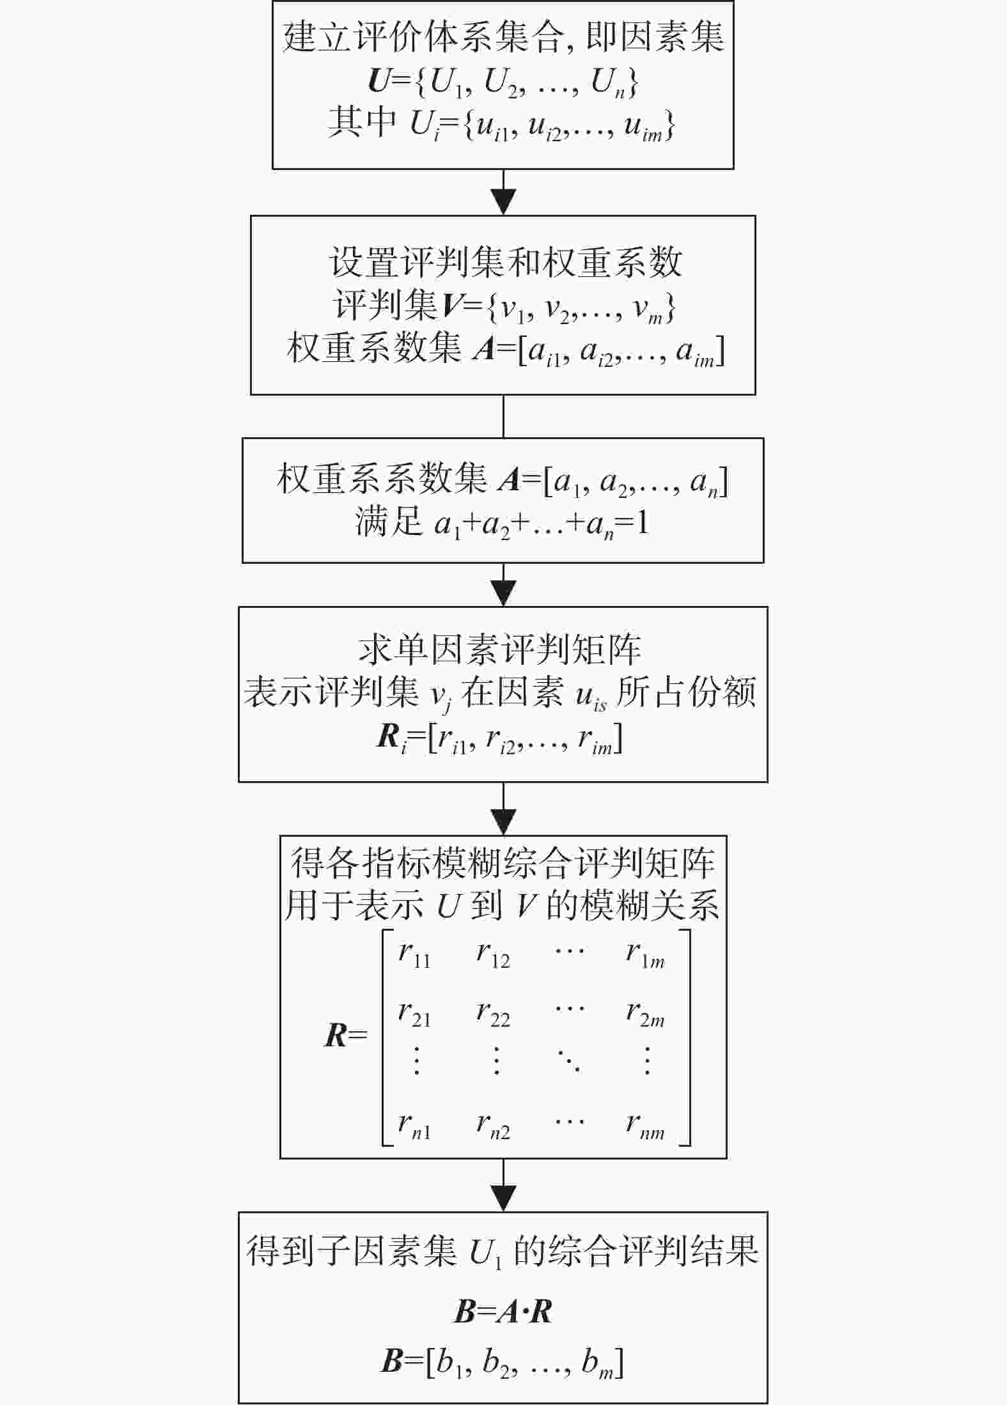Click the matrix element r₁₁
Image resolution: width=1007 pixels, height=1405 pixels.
[414, 955]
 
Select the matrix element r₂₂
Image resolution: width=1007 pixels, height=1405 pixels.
[493, 1013]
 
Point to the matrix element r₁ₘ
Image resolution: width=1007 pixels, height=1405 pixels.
[646, 955]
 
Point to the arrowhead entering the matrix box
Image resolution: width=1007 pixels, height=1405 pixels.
[504, 822]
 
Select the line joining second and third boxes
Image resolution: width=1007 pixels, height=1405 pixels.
[504, 416]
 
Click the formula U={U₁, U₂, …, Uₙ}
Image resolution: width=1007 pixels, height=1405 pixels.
[503, 84]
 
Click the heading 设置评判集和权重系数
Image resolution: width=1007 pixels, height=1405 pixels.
[505, 263]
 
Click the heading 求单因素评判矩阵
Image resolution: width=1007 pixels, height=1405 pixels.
[499, 650]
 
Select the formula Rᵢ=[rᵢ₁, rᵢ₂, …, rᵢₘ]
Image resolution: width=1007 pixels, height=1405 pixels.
[499, 740]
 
